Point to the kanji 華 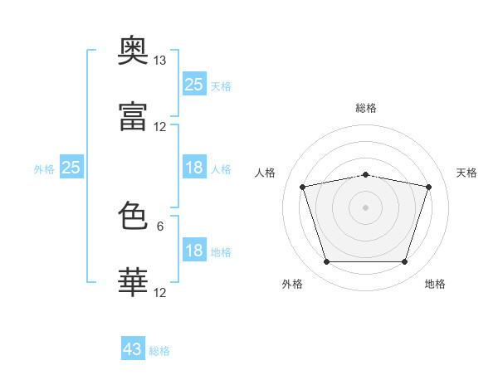(x=133, y=283)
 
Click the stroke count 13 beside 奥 (x=160, y=61)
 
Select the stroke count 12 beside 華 (x=160, y=293)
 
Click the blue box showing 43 (x=133, y=349)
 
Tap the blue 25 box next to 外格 (x=71, y=168)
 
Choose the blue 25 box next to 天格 (x=194, y=84)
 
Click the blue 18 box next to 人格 (x=194, y=168)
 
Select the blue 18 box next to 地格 (x=194, y=251)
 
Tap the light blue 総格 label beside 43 (x=160, y=351)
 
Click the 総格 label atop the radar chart (x=366, y=108)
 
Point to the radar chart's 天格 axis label (x=467, y=173)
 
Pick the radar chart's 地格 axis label (x=435, y=284)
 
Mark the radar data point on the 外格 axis (x=326, y=262)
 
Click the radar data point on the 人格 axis (x=303, y=187)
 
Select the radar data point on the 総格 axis (x=366, y=174)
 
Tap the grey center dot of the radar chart (x=366, y=207)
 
